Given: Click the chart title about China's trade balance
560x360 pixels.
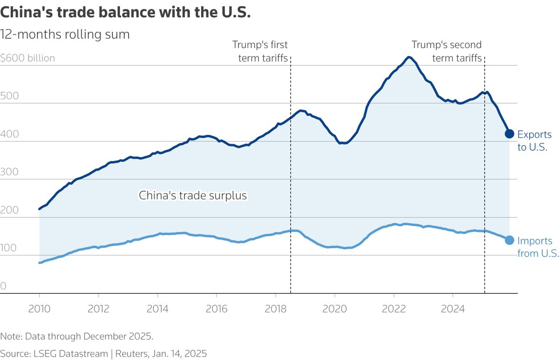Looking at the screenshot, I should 126,13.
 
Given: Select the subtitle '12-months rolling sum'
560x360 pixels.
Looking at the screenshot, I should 65,35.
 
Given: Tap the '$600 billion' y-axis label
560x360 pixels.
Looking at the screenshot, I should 28,58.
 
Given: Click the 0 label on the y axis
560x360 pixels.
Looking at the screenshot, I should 4,286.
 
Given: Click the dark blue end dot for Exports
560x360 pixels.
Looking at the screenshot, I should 509,134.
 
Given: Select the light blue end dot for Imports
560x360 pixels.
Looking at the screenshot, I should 509,240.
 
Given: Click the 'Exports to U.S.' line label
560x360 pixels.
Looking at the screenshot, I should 532,140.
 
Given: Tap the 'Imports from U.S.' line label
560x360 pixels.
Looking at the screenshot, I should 538,247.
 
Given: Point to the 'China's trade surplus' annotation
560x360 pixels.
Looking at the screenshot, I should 193,195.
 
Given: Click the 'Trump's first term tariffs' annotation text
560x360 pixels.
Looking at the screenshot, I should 260,51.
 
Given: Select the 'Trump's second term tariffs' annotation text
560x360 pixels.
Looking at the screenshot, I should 446,51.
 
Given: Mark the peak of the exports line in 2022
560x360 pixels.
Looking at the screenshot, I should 409,57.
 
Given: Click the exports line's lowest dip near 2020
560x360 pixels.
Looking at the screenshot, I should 343,143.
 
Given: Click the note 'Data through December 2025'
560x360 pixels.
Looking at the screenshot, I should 77,336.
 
